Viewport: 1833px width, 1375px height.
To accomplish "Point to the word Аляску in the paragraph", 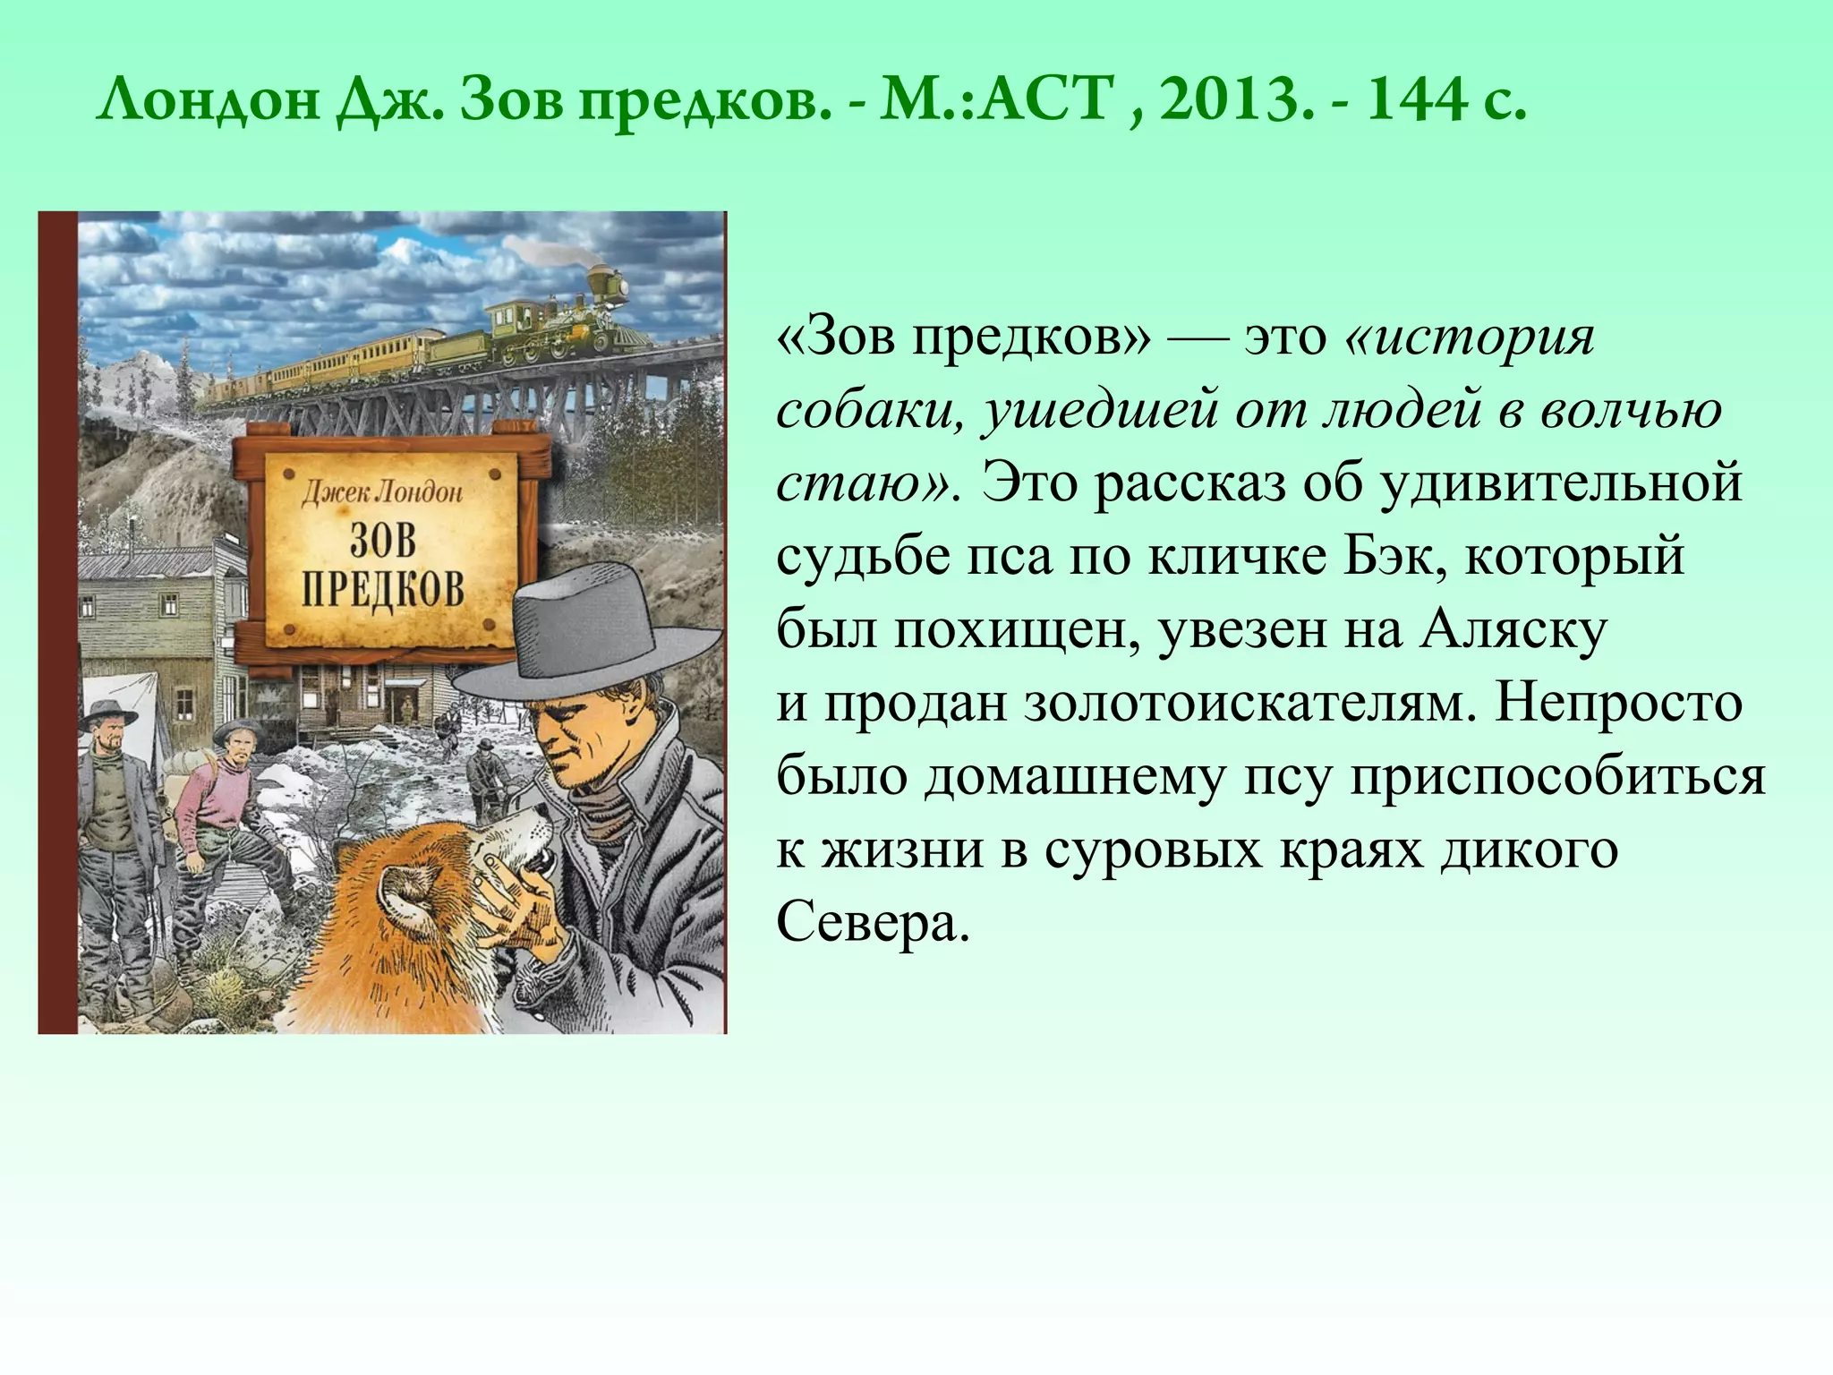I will [x=1513, y=630].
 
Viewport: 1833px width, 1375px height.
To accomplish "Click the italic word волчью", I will [x=1631, y=410].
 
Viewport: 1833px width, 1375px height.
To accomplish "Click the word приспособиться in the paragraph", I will [x=1557, y=777].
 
